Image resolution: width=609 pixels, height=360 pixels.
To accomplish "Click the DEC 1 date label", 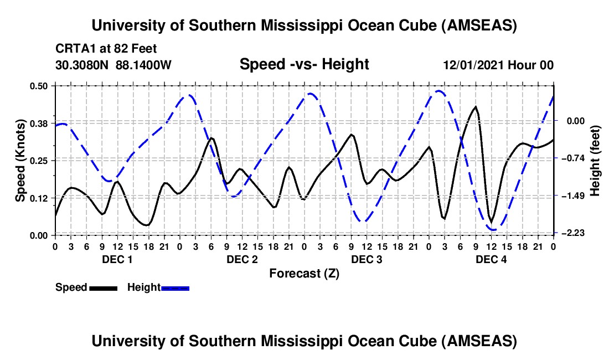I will (117, 259).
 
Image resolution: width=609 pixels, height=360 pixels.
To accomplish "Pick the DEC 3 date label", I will (366, 259).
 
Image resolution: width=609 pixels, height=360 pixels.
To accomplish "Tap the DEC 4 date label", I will (491, 259).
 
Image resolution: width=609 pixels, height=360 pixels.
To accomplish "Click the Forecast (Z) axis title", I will (304, 273).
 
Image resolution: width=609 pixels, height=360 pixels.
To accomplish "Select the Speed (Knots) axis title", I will (20, 161).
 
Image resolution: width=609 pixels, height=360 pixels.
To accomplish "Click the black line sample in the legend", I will (104, 287).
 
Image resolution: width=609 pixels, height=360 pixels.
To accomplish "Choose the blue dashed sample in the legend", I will (175, 287).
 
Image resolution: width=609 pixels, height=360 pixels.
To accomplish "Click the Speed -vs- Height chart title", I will (304, 65).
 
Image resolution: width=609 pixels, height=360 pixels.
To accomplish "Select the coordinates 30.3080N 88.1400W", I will (113, 65).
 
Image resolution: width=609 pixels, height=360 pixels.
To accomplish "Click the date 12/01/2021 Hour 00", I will (498, 65).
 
